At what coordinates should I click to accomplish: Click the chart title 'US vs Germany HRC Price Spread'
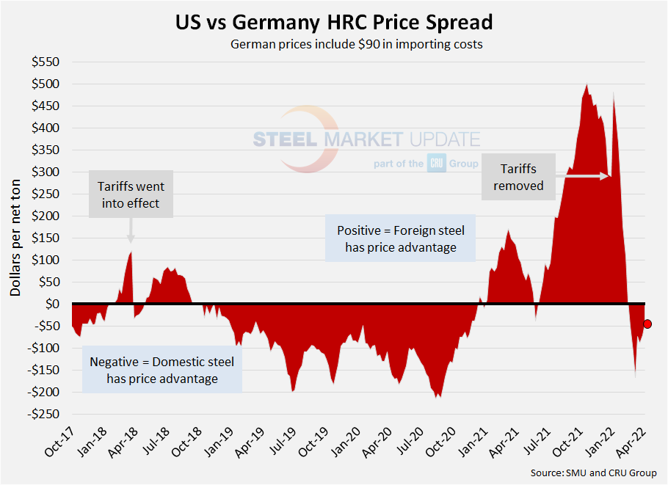(334, 22)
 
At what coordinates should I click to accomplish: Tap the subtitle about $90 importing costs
(357, 44)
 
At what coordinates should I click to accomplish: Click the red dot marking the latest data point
(647, 324)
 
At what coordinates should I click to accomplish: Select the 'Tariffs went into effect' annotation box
(131, 195)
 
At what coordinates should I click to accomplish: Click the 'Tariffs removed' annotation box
(518, 177)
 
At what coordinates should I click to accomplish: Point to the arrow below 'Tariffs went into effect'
(131, 229)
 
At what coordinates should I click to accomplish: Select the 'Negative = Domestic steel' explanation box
(162, 371)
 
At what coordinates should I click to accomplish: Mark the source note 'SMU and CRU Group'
(594, 473)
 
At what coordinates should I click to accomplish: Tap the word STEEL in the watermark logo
(284, 139)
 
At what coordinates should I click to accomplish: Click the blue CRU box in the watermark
(436, 164)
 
